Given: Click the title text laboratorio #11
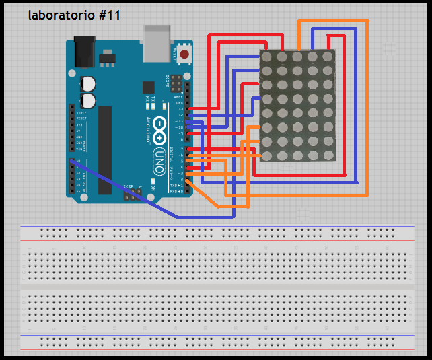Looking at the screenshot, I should tap(74, 15).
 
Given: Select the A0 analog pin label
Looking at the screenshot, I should tap(79, 162).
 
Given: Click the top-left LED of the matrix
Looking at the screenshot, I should tap(266, 57).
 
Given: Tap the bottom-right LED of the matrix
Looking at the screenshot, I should tap(327, 155).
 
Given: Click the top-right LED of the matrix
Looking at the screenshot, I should tap(327, 57).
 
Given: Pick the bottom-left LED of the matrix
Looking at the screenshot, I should tap(266, 155).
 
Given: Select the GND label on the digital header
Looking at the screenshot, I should tap(179, 103).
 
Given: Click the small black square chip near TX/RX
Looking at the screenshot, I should tap(147, 87).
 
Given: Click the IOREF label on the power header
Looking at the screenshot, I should tap(80, 112).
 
